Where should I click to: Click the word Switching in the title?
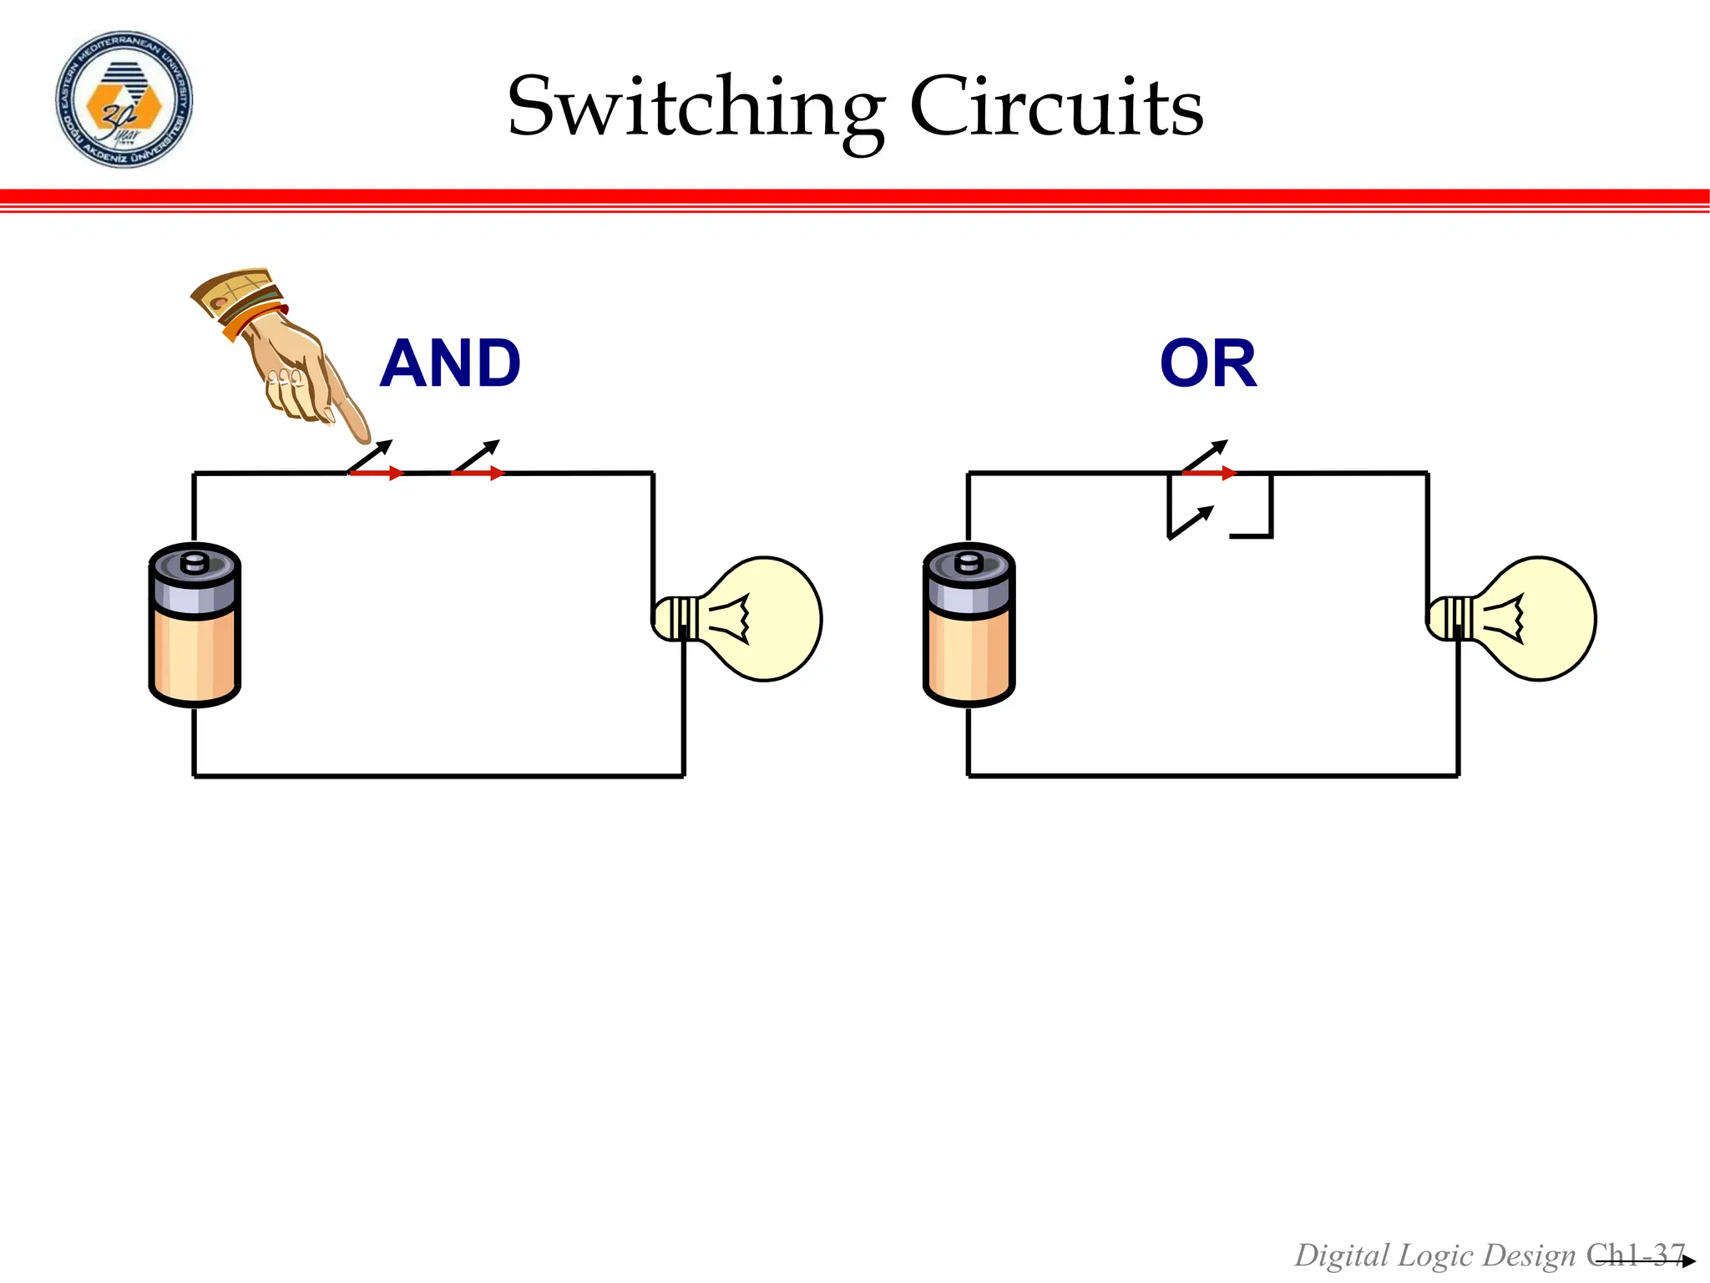(696, 109)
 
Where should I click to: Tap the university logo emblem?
(124, 99)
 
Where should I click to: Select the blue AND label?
(450, 363)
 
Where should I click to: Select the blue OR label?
(1207, 363)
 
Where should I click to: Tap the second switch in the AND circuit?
(478, 463)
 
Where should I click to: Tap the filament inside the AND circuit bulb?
(735, 619)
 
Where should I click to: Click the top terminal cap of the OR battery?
(969, 561)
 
